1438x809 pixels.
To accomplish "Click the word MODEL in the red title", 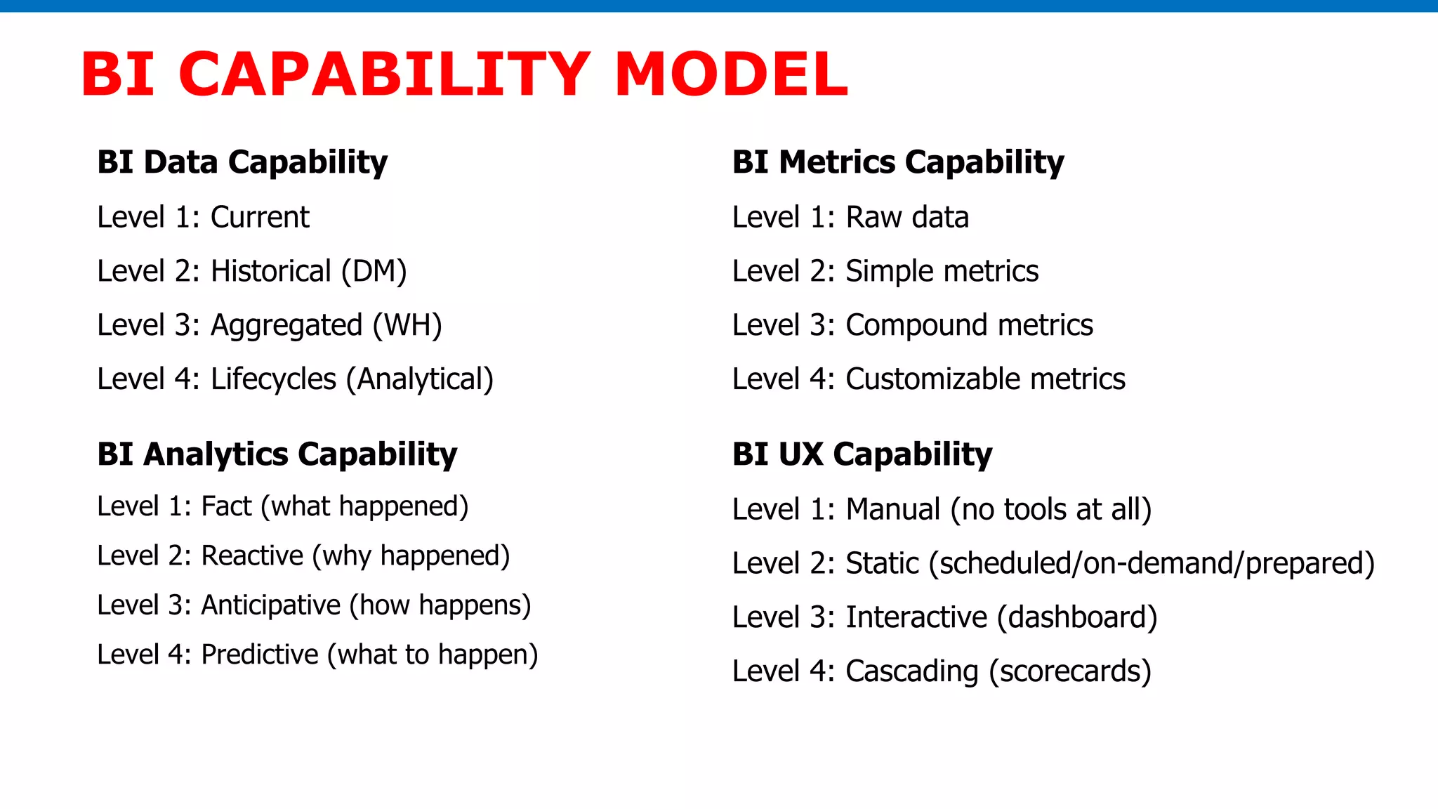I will click(x=731, y=74).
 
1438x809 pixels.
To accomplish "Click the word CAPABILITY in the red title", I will click(x=384, y=74).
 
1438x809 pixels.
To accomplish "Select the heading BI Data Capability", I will click(x=242, y=162).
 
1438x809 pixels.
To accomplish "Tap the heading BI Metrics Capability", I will click(x=898, y=162).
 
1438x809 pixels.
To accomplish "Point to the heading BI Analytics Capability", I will click(x=277, y=454).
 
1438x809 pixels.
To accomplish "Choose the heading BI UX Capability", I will click(x=862, y=454).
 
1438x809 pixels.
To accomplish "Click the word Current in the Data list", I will click(x=260, y=217).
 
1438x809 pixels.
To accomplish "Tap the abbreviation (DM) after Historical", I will click(x=374, y=271).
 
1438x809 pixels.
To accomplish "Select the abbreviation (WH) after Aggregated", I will click(x=407, y=325).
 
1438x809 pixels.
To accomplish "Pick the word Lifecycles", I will click(x=273, y=379).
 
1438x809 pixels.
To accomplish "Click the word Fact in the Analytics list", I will click(x=226, y=506).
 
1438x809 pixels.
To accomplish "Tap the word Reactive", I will click(x=252, y=555).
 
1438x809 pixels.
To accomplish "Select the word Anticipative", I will click(x=270, y=605).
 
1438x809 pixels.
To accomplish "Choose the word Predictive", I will click(x=260, y=655).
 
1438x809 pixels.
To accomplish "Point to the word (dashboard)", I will click(x=1077, y=617).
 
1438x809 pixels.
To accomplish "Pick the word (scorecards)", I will click(x=1070, y=671).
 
